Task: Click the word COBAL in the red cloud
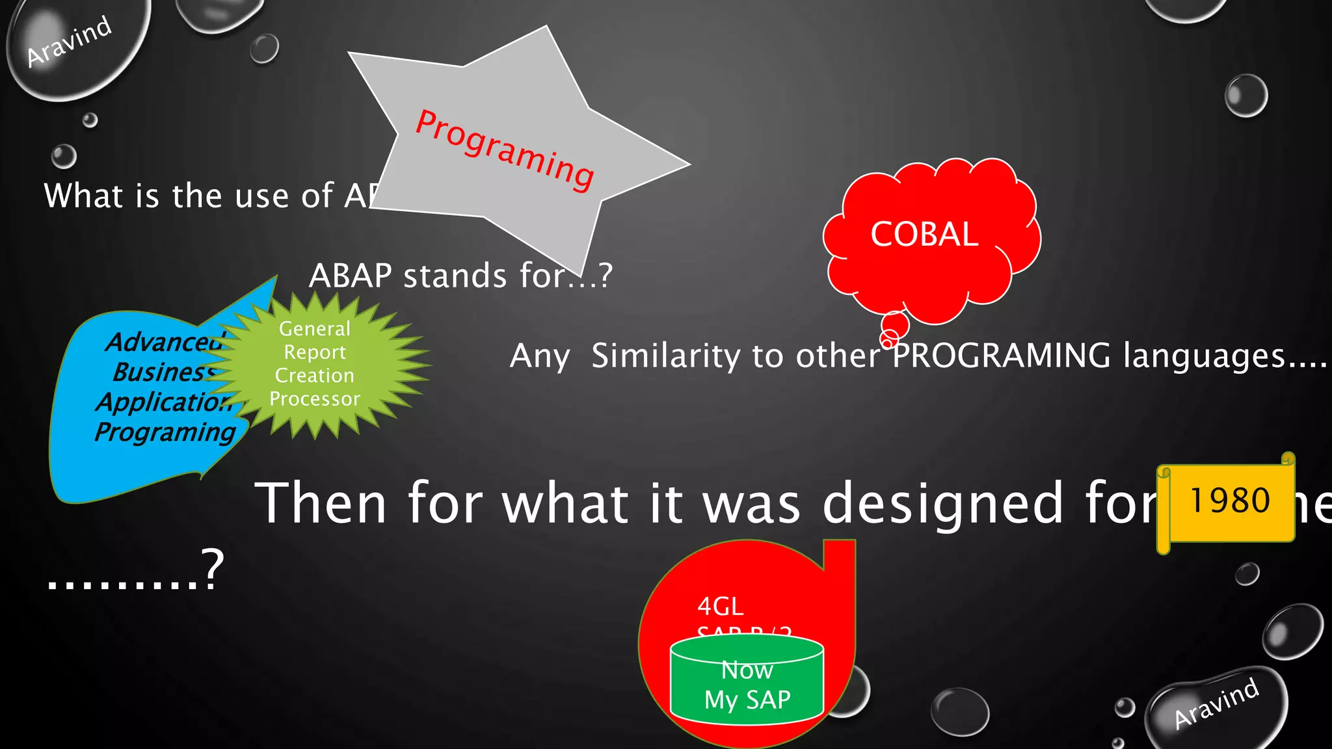click(924, 234)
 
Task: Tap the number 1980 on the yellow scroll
click(1229, 501)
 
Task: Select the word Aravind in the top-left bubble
click(69, 41)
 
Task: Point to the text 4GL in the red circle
click(720, 607)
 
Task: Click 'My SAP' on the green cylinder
click(747, 700)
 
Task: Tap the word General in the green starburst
click(315, 329)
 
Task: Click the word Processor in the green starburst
click(315, 399)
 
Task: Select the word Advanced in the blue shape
click(164, 342)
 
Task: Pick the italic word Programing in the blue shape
click(165, 432)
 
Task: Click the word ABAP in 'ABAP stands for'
click(350, 276)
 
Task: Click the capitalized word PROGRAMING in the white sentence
click(1002, 356)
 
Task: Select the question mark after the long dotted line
click(213, 568)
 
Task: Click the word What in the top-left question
click(83, 196)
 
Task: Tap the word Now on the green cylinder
click(747, 670)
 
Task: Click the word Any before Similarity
click(540, 357)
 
